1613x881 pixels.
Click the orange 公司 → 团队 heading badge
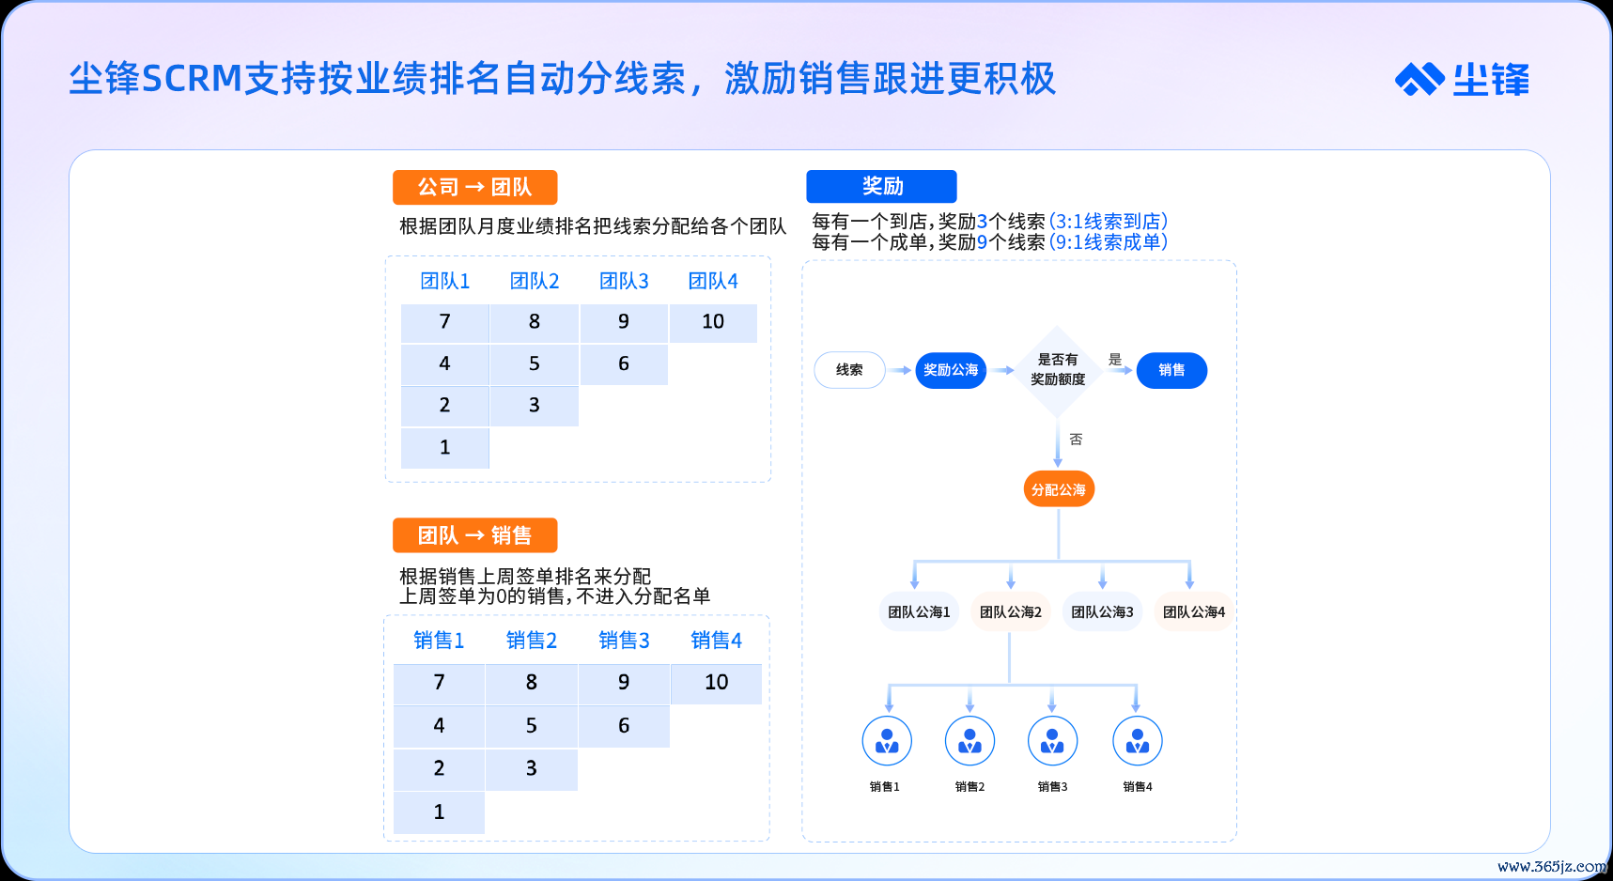point(474,187)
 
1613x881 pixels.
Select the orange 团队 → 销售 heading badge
point(474,535)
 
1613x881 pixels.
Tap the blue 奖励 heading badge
point(881,186)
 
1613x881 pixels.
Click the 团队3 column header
point(624,281)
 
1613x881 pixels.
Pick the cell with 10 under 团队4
point(713,322)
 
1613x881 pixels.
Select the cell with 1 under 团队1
point(444,448)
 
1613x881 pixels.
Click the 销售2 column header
point(532,641)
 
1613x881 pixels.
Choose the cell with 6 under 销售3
point(624,726)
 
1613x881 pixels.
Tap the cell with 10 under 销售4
point(716,683)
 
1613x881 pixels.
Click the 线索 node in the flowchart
point(849,370)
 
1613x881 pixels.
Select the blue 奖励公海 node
point(951,370)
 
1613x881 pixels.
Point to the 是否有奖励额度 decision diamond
point(1058,370)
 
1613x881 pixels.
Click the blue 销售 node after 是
point(1171,370)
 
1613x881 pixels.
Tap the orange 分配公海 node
point(1059,489)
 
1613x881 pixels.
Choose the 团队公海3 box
point(1102,612)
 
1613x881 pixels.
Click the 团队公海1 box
point(919,612)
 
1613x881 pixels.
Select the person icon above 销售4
point(1137,742)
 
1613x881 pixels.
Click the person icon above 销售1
point(887,742)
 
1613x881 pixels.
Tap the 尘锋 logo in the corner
point(1462,80)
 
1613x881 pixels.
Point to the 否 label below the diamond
point(1076,440)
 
